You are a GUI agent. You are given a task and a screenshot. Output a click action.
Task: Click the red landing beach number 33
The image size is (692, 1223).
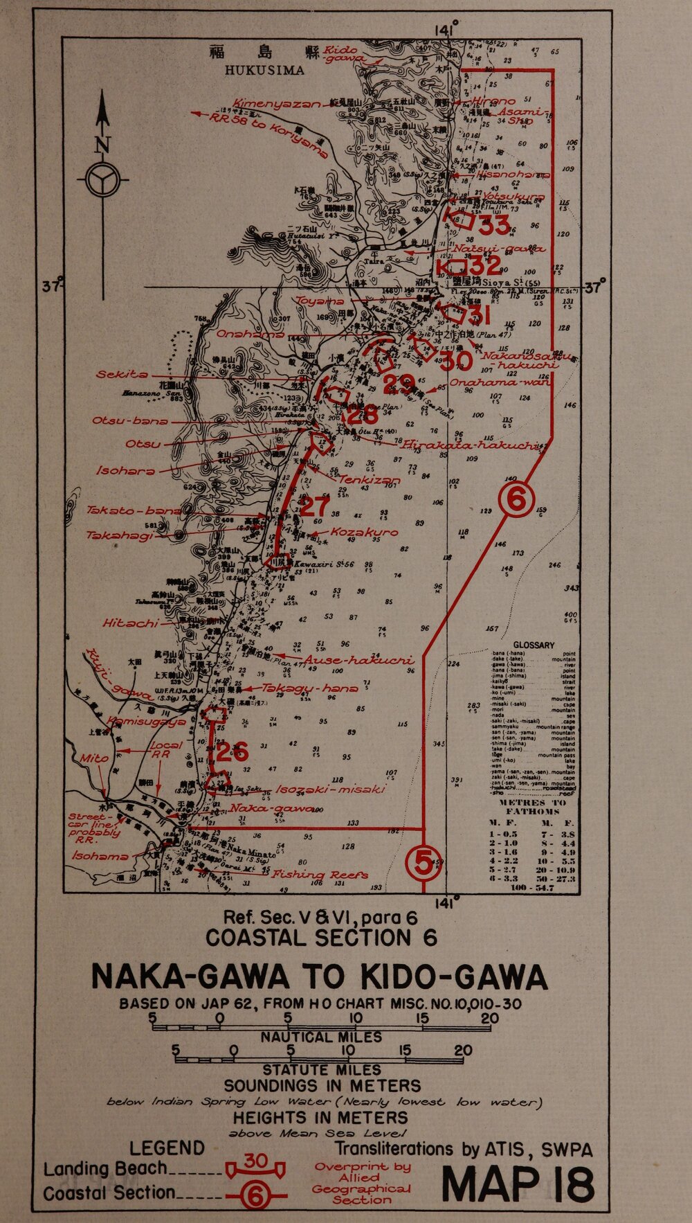(494, 225)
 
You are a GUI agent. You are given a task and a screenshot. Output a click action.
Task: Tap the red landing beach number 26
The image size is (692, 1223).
(232, 751)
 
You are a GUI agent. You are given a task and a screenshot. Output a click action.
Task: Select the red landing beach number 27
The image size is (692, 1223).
(315, 506)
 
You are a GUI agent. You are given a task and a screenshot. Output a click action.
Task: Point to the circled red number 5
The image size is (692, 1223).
(423, 862)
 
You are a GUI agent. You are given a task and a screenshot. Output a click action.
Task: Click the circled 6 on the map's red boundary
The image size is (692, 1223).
(517, 499)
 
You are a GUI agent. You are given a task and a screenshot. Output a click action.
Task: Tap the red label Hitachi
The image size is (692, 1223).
(130, 623)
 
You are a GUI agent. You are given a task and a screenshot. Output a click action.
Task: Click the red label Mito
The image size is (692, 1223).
(93, 758)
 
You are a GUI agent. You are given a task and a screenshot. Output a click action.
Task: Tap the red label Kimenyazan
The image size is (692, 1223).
(277, 104)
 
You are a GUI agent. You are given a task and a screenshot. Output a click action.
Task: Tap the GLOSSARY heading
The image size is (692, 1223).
(534, 645)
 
